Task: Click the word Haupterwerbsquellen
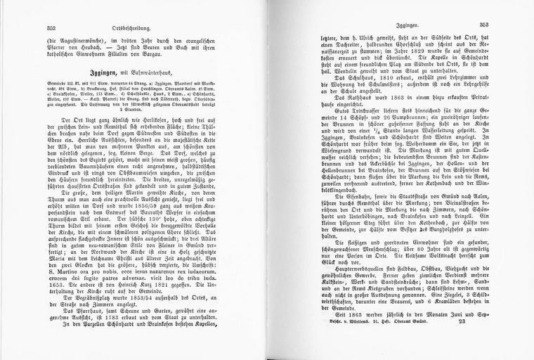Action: click(x=335, y=269)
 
